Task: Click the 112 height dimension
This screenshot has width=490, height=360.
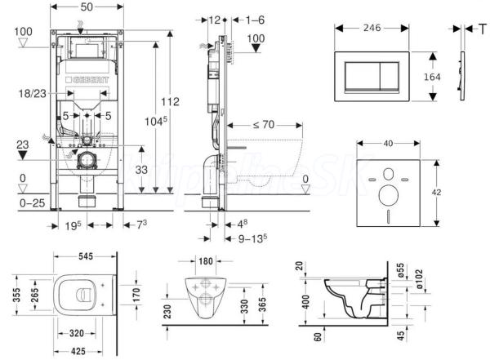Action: [x=169, y=102]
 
